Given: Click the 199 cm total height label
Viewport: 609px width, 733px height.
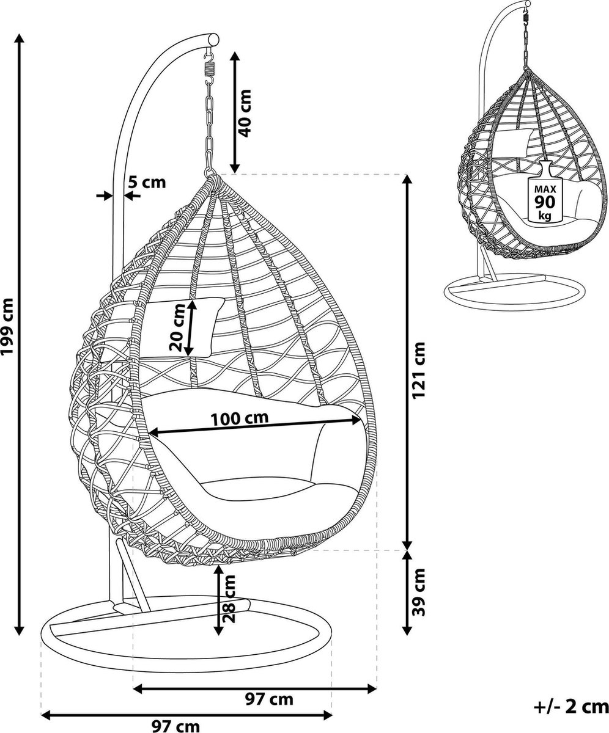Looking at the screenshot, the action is [8, 326].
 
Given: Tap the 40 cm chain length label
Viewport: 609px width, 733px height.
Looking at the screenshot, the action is [245, 113].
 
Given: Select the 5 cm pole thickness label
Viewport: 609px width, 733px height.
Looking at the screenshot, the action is [147, 183].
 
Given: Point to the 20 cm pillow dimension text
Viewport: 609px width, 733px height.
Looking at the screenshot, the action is [177, 327].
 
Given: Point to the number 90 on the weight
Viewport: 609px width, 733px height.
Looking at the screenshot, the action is [545, 202].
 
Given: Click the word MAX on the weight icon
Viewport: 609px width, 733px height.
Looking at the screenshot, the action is [545, 189].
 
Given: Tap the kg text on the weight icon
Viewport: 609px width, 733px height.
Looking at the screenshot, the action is [545, 216].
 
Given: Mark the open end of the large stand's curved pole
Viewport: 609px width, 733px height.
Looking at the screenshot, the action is [213, 39].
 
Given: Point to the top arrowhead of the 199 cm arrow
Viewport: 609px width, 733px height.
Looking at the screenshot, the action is [20, 38].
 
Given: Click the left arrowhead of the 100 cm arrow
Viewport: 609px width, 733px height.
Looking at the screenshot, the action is [154, 433].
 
